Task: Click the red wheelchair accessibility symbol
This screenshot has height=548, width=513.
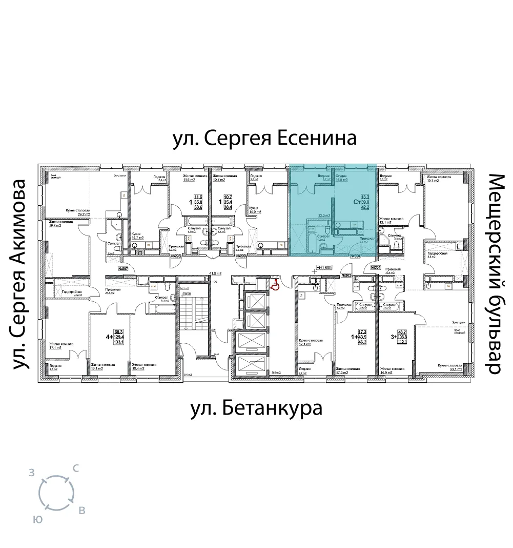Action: (275, 286)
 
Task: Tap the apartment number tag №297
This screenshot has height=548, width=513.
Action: (123, 268)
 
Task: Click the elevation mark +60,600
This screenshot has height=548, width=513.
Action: (324, 268)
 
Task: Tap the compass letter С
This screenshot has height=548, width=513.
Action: (76, 468)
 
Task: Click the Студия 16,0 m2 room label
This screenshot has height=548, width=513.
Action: (342, 178)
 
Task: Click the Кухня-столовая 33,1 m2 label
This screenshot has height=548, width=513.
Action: (451, 367)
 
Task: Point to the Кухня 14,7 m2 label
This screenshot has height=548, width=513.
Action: (137, 236)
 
